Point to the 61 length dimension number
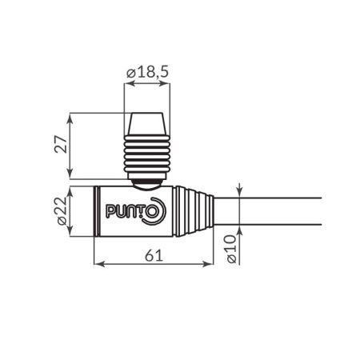point(155,255)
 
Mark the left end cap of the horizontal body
point(95,211)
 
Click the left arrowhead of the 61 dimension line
point(98,264)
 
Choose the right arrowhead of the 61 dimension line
point(214,264)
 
